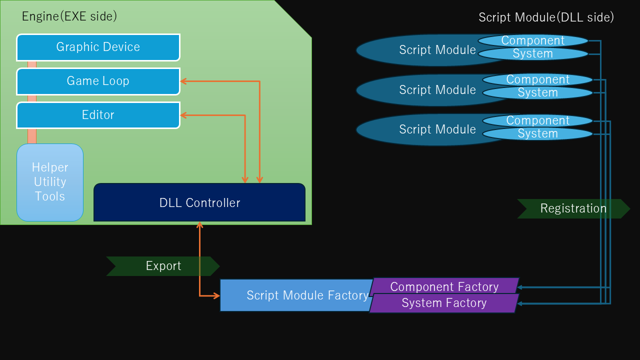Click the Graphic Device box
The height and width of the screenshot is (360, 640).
pos(98,47)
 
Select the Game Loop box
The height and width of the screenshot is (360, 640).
pos(98,81)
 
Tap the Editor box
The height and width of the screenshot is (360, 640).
pos(98,115)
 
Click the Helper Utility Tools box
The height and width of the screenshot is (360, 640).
pos(50,182)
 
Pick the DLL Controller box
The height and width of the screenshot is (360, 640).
pos(199,202)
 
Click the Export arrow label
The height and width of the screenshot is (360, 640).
pos(163,266)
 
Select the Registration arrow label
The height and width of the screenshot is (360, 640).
pos(573,208)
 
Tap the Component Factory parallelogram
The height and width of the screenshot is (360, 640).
pos(444,286)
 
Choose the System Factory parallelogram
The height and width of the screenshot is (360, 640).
pos(444,303)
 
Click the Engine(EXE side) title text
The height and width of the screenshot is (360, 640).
pos(69,16)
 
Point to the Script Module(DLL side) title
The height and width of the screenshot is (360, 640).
pos(546,17)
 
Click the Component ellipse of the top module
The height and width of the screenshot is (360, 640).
pos(533,40)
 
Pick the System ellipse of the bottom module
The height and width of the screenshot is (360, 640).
pos(537,134)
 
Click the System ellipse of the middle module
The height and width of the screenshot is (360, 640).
pos(537,93)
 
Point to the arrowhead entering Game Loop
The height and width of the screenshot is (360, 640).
pos(183,81)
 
